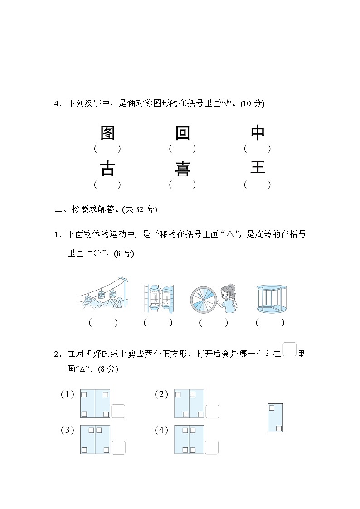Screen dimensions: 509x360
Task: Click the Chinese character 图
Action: [x=107, y=133]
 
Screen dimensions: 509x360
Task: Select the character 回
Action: [x=182, y=133]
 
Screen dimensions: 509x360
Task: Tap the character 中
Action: [x=258, y=133]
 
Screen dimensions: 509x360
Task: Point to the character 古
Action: [x=107, y=169]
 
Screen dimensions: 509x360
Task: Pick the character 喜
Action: [x=182, y=169]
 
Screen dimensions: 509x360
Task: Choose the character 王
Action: [x=258, y=168]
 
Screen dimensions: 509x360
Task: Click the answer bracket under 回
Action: [x=182, y=148]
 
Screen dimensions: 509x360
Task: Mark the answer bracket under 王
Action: [x=257, y=184]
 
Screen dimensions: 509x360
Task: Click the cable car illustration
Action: [x=103, y=294]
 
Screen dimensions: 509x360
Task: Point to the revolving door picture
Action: [x=271, y=299]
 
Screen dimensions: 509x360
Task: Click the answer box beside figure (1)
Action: [x=118, y=411]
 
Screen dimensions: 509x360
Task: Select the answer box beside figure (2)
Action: [x=212, y=412]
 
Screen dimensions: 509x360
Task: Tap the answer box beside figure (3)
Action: [x=118, y=447]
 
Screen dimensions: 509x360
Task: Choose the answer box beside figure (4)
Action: [x=211, y=447]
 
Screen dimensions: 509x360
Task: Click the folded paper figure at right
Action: [x=275, y=417]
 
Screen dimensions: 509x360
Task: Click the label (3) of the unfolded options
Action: [x=67, y=431]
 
